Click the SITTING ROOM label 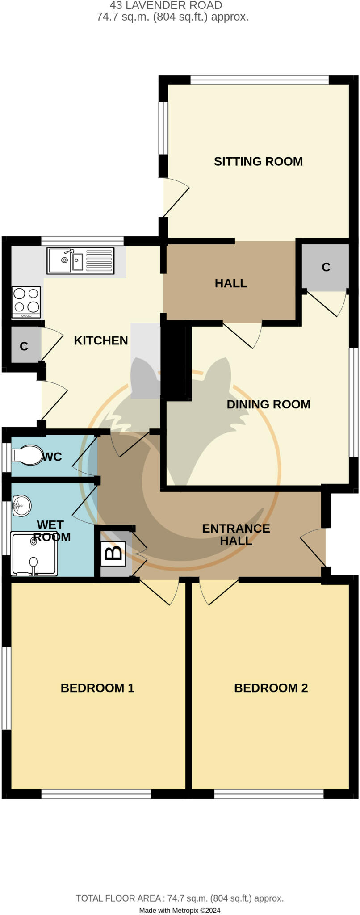258,161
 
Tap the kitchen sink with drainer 80,260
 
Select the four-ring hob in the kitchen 26,302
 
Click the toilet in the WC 27,455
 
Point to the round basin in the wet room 22,505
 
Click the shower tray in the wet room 34,554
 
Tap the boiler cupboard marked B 114,553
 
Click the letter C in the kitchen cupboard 24,346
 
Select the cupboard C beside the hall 326,267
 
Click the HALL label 230,283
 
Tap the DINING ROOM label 268,404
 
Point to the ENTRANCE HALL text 236,534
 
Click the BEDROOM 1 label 97,688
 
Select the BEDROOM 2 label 271,688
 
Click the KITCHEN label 100,340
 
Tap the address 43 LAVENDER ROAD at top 166,6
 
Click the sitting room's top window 259,80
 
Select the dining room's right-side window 353,403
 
